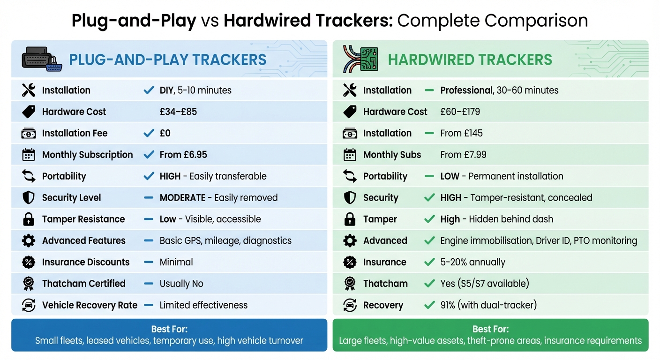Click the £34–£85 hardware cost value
[178, 112]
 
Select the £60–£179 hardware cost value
[460, 112]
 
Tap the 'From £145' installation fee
[461, 133]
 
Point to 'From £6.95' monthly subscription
[183, 155]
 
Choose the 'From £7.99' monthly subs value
[462, 155]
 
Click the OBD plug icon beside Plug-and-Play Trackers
[41, 60]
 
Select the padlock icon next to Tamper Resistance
[29, 219]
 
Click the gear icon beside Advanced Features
[29, 240]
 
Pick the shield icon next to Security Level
[29, 198]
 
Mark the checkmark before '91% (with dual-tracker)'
[429, 305]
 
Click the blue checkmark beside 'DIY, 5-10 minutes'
[149, 90]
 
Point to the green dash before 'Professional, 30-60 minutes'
[429, 90]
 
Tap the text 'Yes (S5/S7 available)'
[484, 284]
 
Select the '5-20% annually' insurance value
[472, 262]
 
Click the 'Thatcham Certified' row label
[83, 284]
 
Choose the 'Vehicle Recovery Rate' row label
[90, 305]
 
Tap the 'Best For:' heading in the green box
[490, 329]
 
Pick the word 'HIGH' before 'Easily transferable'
[170, 176]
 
